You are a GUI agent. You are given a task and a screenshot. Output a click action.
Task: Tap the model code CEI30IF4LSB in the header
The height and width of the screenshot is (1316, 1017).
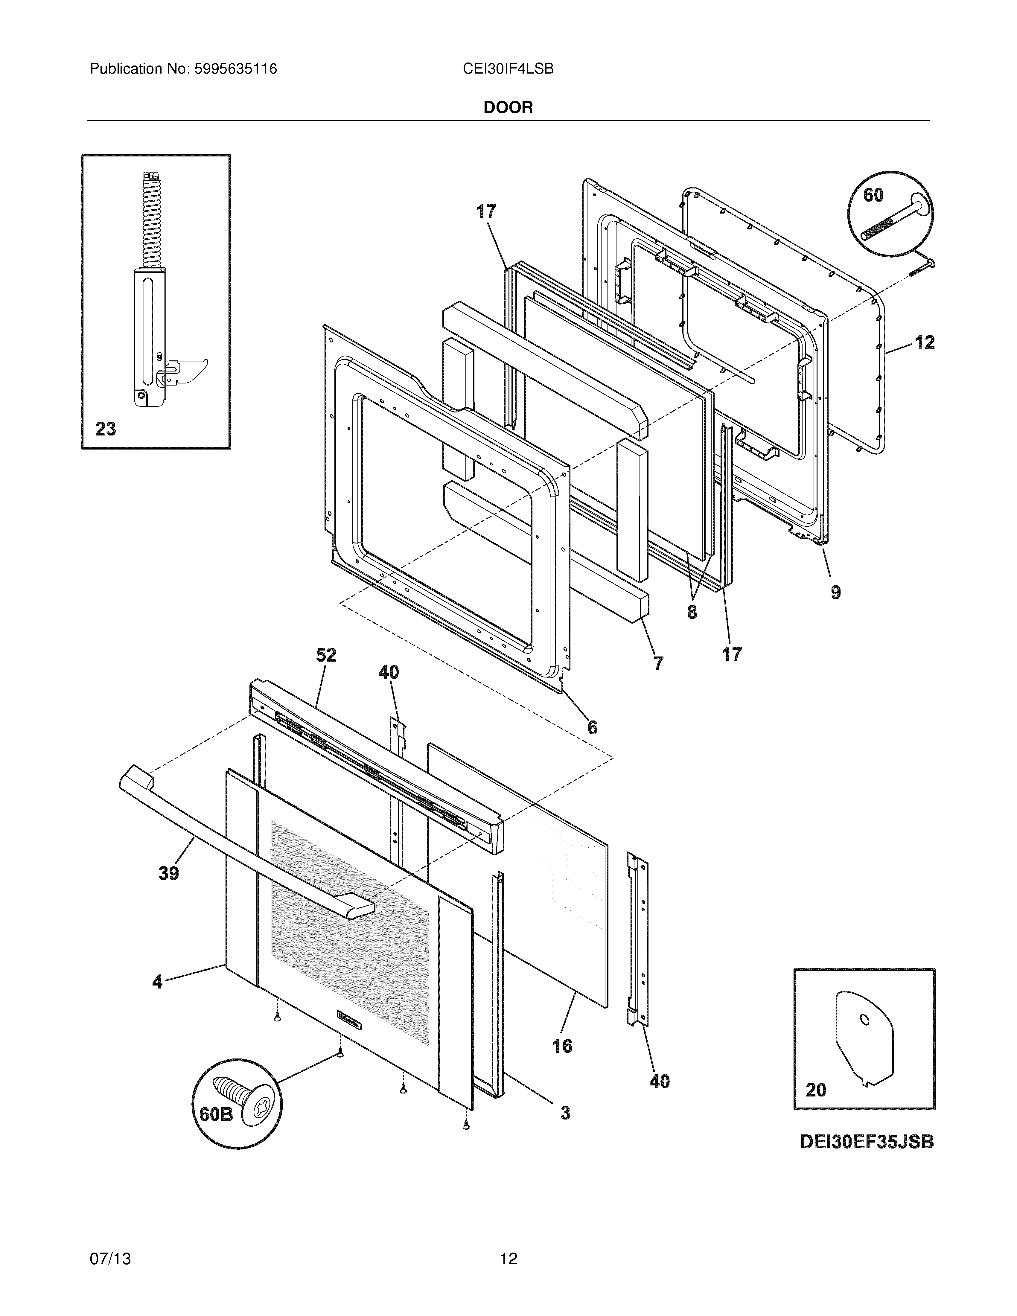[x=508, y=69]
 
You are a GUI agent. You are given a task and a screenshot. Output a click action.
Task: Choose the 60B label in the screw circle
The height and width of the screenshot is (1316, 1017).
[x=216, y=1115]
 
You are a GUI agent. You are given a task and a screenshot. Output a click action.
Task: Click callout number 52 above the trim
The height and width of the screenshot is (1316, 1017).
[x=326, y=655]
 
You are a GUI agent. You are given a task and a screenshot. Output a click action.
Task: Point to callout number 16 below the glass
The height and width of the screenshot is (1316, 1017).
[x=562, y=1046]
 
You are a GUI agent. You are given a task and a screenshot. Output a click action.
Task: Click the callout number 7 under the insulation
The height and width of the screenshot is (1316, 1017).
[x=659, y=663]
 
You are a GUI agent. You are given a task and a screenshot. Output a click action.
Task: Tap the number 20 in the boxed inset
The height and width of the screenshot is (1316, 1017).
[x=816, y=1090]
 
